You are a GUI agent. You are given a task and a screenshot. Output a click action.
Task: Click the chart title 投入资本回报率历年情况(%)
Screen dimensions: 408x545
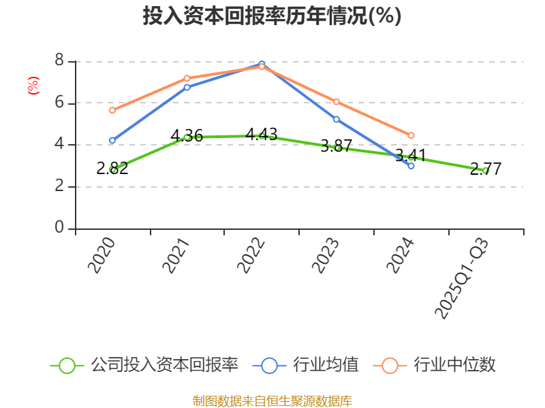pos(272,16)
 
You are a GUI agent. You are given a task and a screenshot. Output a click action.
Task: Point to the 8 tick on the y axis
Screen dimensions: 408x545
pos(59,61)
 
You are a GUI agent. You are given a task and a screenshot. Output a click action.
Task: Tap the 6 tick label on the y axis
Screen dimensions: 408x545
pos(59,103)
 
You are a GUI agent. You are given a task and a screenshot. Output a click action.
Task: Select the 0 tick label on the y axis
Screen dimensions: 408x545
pos(59,228)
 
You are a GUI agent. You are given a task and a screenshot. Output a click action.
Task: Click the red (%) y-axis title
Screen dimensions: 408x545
pos(33,86)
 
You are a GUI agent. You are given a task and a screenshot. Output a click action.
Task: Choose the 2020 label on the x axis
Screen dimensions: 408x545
pos(102,256)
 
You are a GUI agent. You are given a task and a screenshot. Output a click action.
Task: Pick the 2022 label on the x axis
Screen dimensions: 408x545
pos(251,256)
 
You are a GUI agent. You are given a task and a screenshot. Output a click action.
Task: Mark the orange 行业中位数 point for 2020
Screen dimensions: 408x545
pos(112,110)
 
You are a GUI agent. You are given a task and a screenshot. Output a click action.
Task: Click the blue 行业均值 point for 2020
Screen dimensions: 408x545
pos(112,141)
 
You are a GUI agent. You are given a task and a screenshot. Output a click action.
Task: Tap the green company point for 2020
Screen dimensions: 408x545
pos(112,169)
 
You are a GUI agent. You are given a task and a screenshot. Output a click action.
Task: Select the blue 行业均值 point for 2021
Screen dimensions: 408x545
pos(187,87)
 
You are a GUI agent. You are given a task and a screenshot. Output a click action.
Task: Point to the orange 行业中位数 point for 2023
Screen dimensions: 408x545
pos(337,102)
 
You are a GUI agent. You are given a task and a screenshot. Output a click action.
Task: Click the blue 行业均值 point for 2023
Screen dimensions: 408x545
pos(337,119)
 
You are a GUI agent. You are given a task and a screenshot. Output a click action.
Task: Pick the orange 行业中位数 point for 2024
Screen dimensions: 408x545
pos(411,135)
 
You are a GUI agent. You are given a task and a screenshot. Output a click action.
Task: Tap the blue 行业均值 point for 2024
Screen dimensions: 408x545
pos(411,166)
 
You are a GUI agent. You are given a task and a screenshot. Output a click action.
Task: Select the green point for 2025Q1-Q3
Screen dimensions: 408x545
pos(486,171)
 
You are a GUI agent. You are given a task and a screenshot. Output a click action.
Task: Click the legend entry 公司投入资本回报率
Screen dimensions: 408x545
pos(145,365)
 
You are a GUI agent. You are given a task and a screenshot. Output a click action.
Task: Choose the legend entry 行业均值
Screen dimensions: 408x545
pos(307,365)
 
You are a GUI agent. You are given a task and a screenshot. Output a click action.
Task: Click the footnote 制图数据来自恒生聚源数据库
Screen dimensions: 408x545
pos(272,401)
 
